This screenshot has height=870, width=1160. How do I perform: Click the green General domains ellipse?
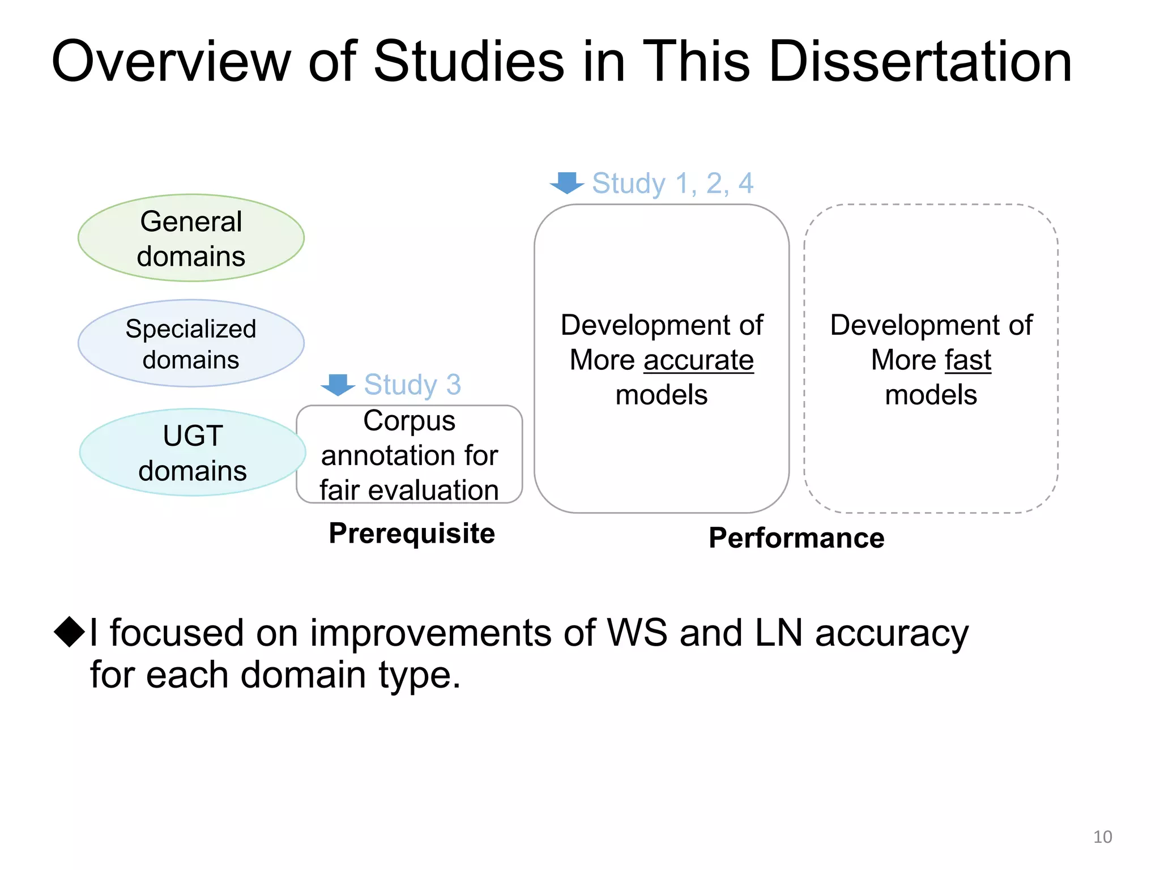click(191, 238)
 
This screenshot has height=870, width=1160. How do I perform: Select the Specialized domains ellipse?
click(191, 343)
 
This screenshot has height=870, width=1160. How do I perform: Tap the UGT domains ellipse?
click(193, 453)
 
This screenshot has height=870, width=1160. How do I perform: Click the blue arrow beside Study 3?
click(338, 385)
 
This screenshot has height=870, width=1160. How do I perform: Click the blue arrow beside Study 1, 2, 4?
click(567, 182)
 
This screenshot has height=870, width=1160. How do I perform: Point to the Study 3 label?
click(412, 385)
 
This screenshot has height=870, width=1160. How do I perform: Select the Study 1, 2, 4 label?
click(672, 183)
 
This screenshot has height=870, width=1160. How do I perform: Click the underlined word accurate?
click(698, 360)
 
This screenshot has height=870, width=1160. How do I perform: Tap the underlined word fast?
click(968, 360)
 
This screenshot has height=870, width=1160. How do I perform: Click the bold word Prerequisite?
click(412, 534)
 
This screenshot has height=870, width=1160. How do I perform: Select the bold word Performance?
click(796, 538)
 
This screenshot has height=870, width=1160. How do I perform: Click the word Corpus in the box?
click(409, 421)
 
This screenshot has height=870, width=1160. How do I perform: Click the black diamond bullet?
click(70, 632)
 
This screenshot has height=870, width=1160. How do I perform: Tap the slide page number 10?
click(1102, 837)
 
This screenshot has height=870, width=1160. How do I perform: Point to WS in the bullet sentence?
click(637, 633)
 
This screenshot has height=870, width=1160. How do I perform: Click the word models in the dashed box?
click(931, 395)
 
